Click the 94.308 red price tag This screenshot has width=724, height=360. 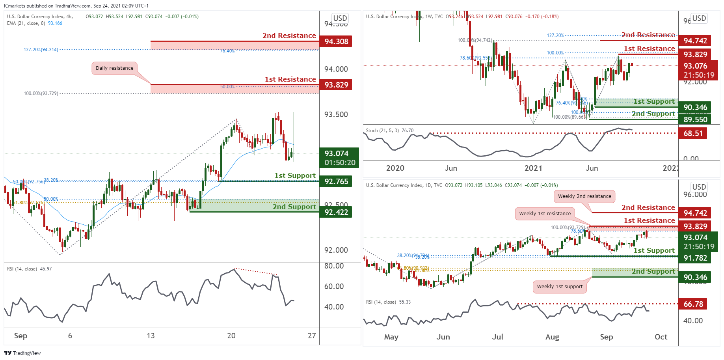click(336, 41)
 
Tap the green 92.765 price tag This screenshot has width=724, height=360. click(336, 181)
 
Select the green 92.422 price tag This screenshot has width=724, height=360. click(336, 212)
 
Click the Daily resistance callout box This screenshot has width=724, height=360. click(114, 68)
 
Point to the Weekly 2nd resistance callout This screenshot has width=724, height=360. click(584, 196)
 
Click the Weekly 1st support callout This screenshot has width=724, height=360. click(560, 287)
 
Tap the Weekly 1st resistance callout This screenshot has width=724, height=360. click(545, 214)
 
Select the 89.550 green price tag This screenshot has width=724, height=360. click(695, 119)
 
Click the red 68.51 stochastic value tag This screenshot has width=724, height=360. click(693, 133)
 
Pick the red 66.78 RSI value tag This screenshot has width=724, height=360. click(693, 304)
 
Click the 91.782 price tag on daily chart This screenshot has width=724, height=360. click(695, 258)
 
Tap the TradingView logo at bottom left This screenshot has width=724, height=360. click(22, 353)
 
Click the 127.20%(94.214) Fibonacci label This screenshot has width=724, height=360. click(41, 50)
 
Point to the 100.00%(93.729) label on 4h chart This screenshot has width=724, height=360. click(41, 93)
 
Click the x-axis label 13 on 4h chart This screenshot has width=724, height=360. click(151, 336)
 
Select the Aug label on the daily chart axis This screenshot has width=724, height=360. click(552, 337)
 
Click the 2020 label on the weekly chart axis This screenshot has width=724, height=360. click(395, 168)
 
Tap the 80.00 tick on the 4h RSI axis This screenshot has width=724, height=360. click(333, 266)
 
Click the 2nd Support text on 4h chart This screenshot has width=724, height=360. click(294, 207)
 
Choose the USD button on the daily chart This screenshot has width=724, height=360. click(699, 187)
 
